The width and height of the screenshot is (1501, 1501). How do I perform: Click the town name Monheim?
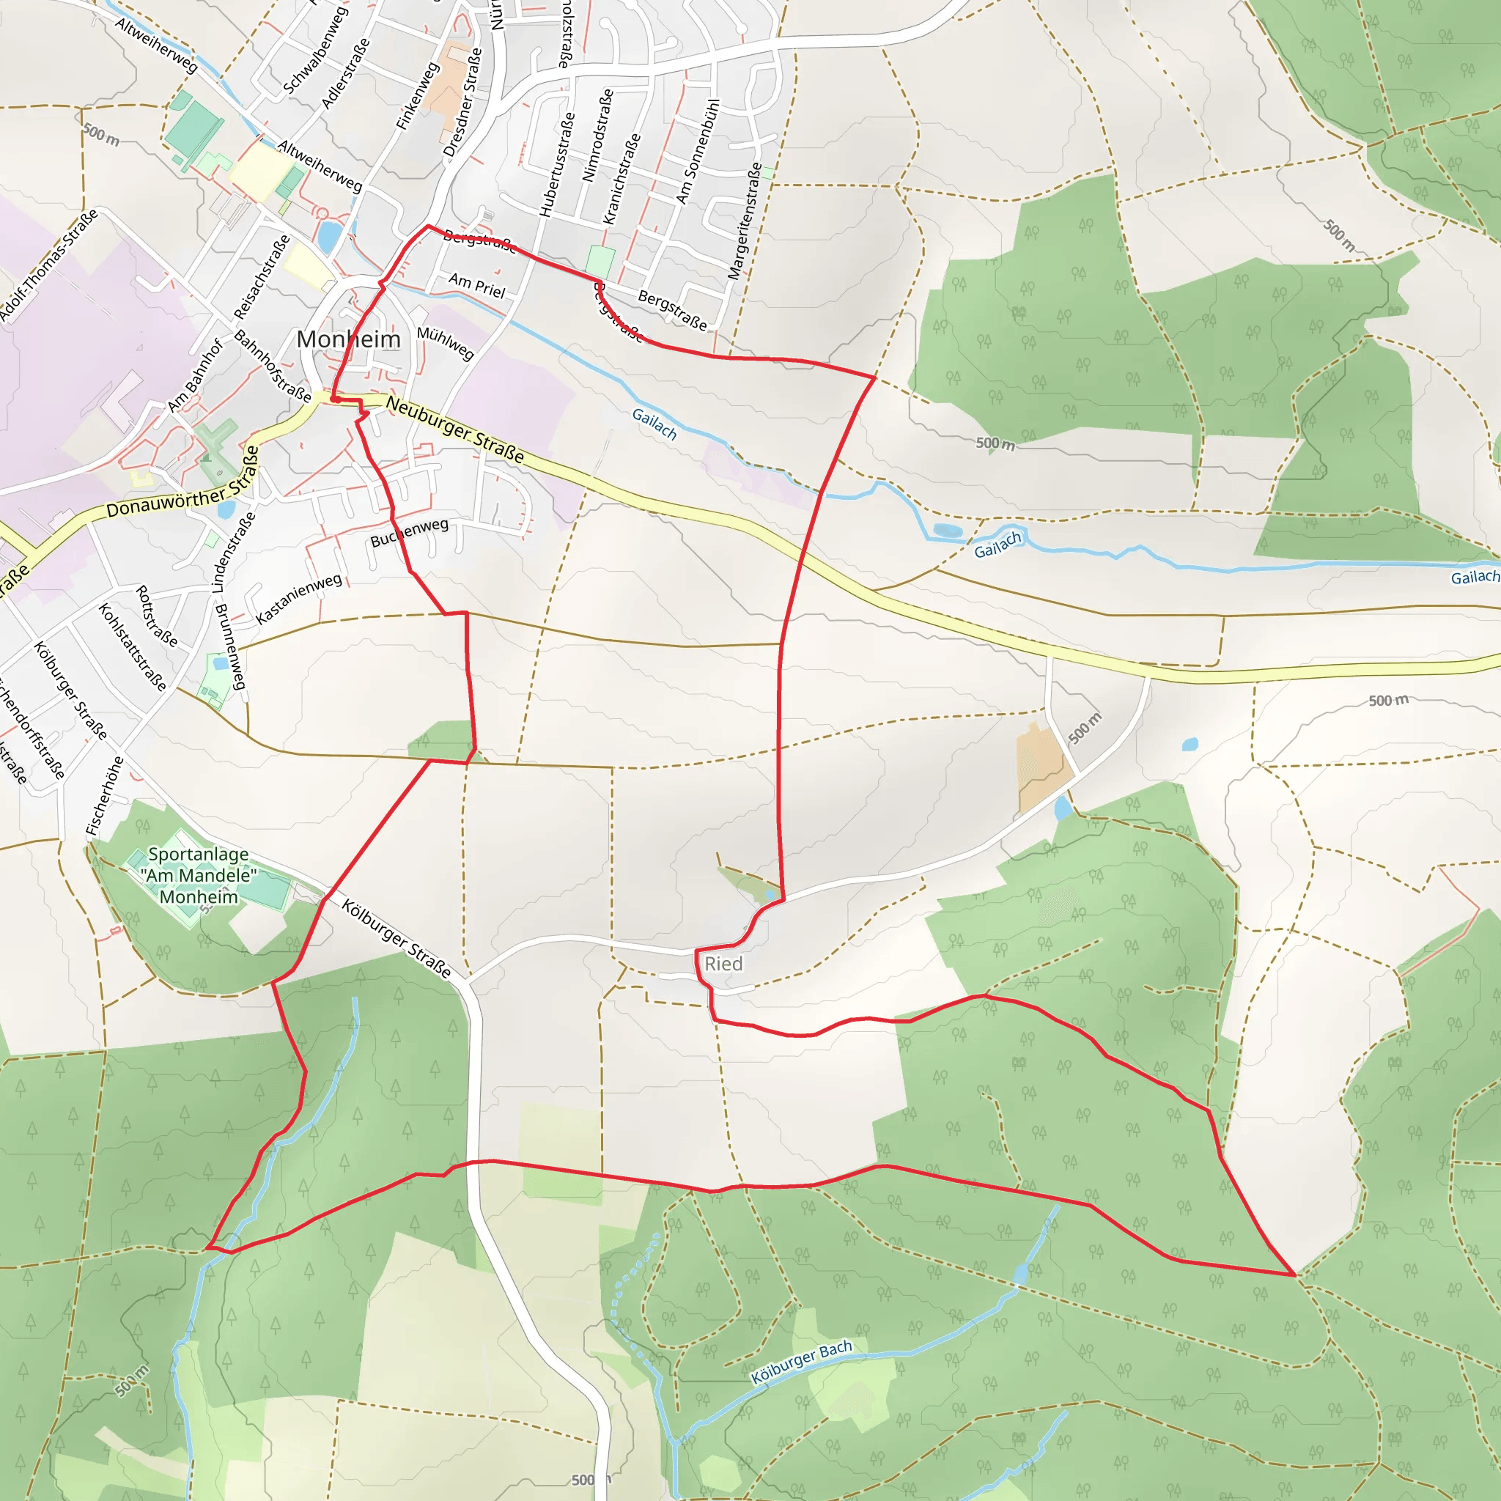[x=349, y=339]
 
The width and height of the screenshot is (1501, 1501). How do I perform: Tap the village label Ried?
[x=723, y=965]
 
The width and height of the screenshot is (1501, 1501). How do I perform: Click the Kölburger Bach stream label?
[x=802, y=1362]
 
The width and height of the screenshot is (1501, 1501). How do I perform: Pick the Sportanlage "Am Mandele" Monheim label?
[x=199, y=876]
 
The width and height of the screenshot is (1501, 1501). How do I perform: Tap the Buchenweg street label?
[x=410, y=533]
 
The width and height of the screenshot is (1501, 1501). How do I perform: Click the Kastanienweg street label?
[x=299, y=598]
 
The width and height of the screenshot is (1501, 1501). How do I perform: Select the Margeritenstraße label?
[x=745, y=221]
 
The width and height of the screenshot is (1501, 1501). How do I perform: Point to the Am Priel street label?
[x=477, y=286]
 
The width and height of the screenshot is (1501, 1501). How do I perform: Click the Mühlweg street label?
[x=445, y=344]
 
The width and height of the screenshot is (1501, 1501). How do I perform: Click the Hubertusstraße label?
[x=558, y=164]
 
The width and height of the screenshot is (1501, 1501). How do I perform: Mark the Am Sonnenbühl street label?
[x=698, y=152]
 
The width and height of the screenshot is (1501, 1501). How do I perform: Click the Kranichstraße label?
[x=622, y=179]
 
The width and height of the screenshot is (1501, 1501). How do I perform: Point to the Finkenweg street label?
[x=417, y=96]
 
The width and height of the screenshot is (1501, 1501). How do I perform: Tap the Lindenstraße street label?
[x=233, y=553]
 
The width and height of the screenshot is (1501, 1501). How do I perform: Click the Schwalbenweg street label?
[x=314, y=51]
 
